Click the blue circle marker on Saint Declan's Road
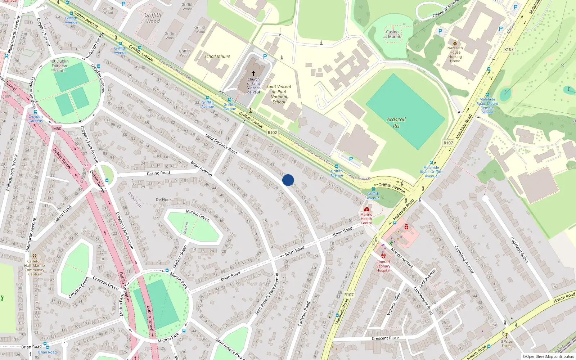pyautogui.click(x=288, y=180)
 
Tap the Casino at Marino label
pyautogui.click(x=392, y=34)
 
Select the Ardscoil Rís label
pyautogui.click(x=396, y=122)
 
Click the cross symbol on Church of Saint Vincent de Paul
pyautogui.click(x=253, y=73)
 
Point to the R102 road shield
pyautogui.click(x=273, y=132)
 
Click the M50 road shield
pyautogui.click(x=57, y=129)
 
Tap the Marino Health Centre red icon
pyautogui.click(x=366, y=209)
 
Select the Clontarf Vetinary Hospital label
pyautogui.click(x=383, y=266)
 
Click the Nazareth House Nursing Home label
pyautogui.click(x=455, y=54)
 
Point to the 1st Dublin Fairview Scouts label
pyautogui.click(x=59, y=66)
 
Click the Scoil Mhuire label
pyautogui.click(x=217, y=56)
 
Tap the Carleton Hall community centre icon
pyautogui.click(x=34, y=256)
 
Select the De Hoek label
pyautogui.click(x=164, y=199)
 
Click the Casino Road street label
pyautogui.click(x=158, y=173)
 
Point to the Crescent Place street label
pyautogui.click(x=385, y=338)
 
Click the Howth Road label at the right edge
pyautogui.click(x=564, y=298)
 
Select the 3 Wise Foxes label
pyautogui.click(x=507, y=343)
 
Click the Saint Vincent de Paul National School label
pyautogui.click(x=279, y=94)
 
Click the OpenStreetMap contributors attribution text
pyautogui.click(x=548, y=356)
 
